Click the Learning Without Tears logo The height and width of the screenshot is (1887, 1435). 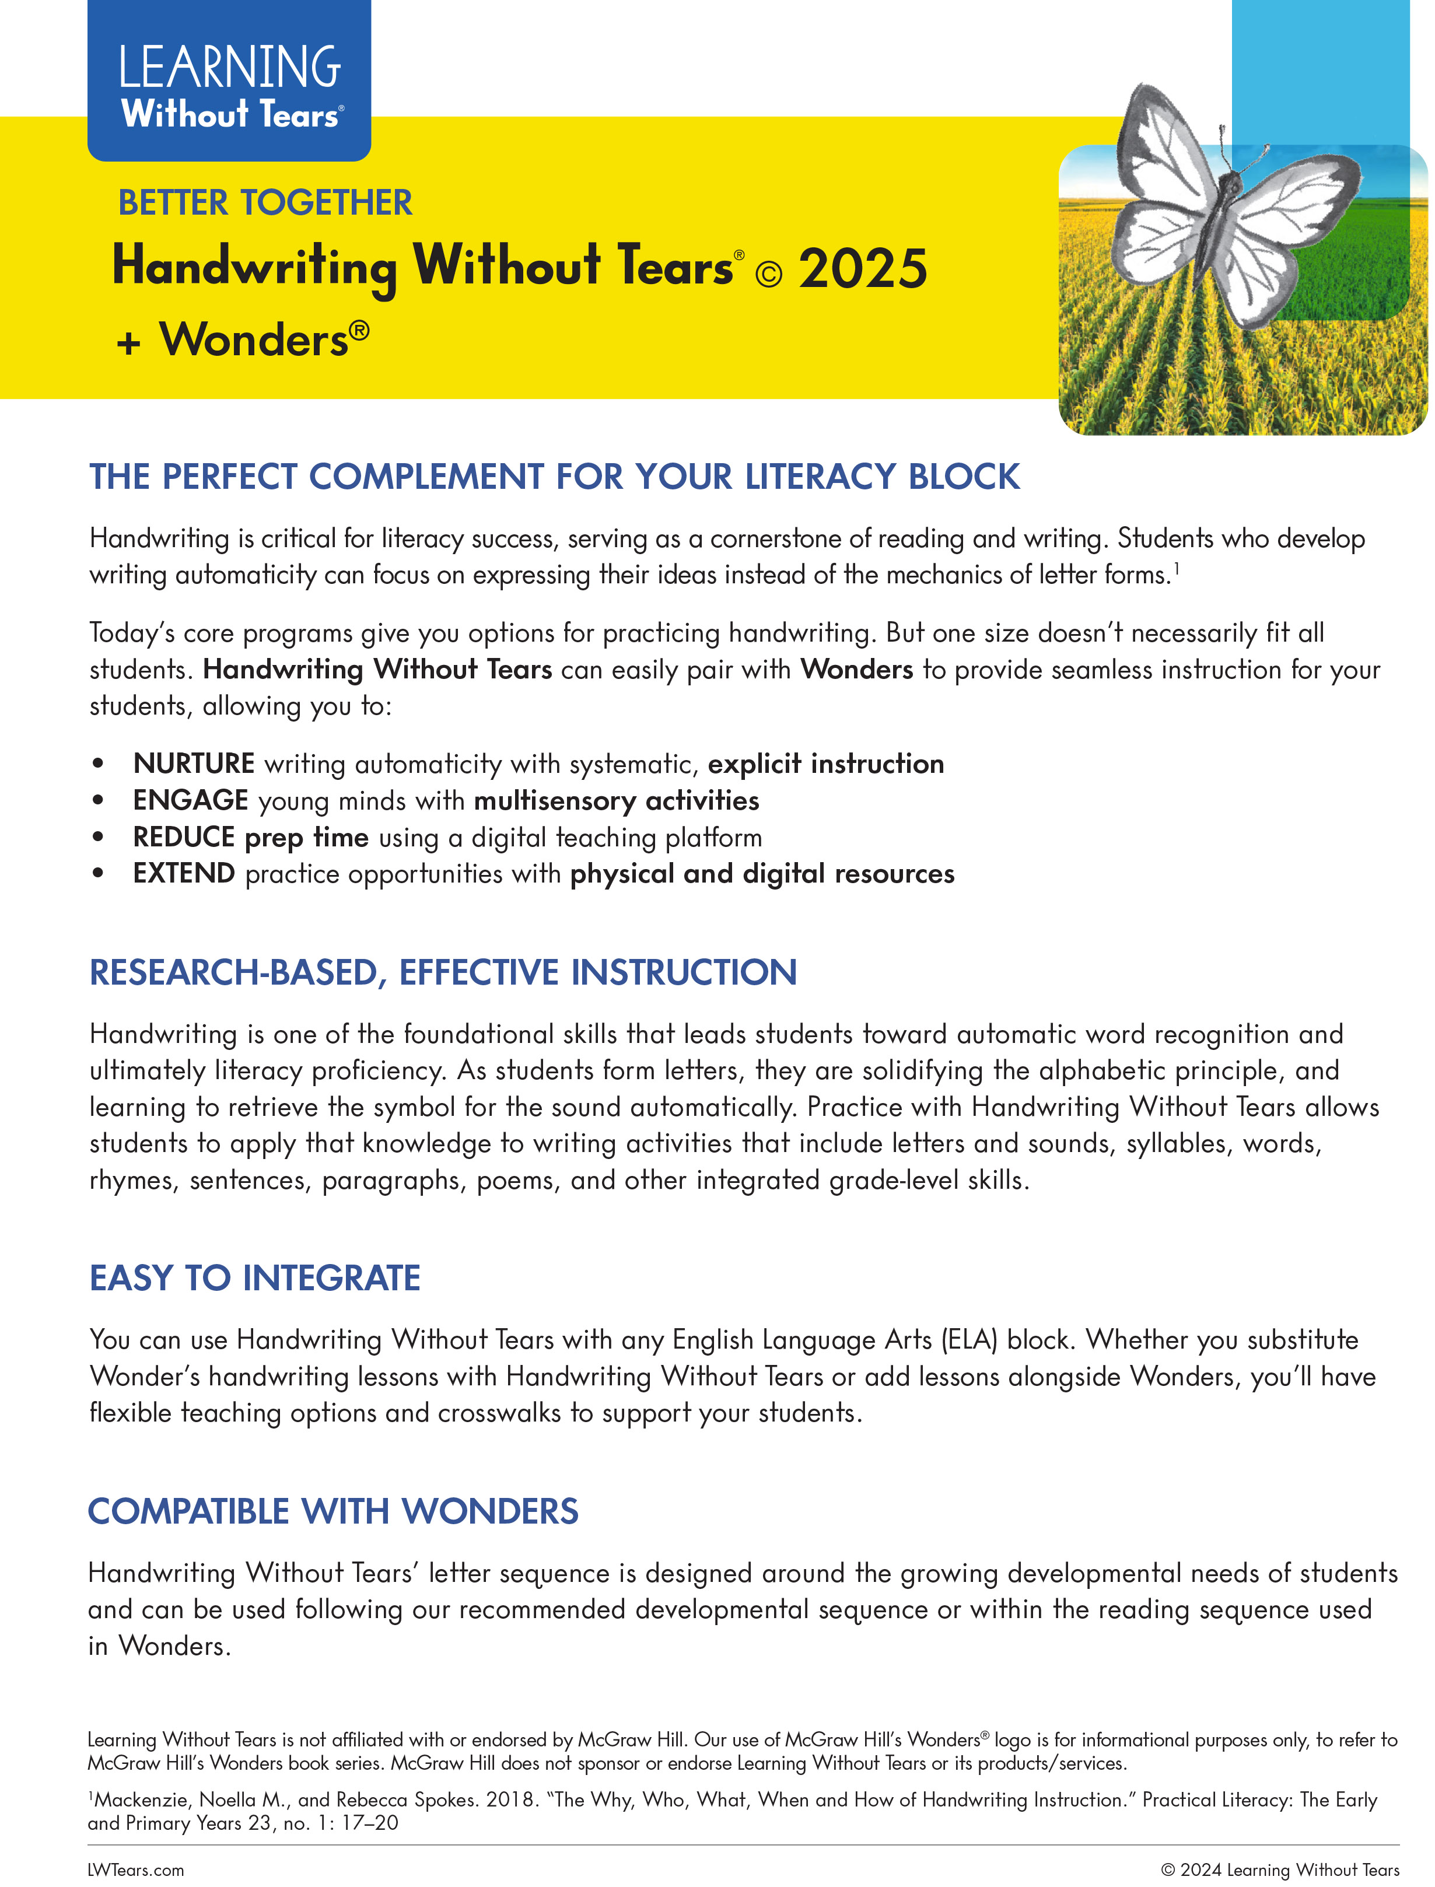229,85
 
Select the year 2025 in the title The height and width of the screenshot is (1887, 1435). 863,269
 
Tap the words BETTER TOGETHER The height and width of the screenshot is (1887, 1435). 265,204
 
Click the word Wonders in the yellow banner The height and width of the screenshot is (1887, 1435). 254,340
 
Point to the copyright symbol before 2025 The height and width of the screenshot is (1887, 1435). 769,274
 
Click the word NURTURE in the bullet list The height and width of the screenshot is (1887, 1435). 194,764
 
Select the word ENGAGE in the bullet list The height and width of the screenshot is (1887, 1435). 191,800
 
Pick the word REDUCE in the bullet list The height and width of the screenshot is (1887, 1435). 184,837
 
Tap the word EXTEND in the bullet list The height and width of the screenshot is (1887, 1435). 184,874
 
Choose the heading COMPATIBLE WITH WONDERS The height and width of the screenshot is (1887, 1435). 333,1511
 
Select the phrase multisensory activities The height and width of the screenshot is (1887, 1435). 617,800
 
